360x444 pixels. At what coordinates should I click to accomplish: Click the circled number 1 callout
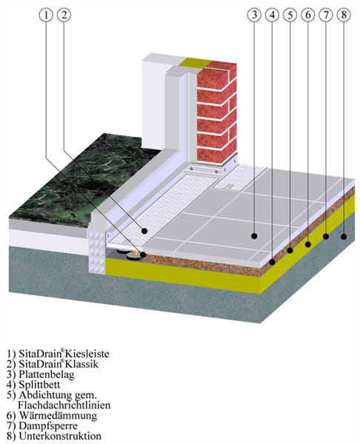(46, 15)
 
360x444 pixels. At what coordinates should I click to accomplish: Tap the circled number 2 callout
(64, 15)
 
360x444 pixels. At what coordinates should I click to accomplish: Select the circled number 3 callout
(254, 15)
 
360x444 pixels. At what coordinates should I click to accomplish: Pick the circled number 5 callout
(290, 15)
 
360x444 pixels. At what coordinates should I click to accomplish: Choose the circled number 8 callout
(344, 15)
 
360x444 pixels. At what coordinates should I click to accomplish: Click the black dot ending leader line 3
(254, 235)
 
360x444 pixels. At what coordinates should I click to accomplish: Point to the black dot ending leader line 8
(344, 237)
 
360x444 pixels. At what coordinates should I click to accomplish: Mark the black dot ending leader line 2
(144, 231)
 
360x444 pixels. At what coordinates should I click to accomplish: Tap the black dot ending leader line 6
(308, 244)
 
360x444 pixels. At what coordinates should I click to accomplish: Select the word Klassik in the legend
(81, 364)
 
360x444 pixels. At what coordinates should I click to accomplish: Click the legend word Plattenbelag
(47, 374)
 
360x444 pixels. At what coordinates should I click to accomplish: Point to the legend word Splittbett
(39, 385)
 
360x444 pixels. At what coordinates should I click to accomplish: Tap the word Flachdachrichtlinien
(64, 406)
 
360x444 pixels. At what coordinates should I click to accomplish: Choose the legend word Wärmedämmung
(58, 416)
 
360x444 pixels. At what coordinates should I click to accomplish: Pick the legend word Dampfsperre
(48, 426)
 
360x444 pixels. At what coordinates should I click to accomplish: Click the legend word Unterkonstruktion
(60, 436)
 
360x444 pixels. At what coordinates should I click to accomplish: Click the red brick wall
(217, 113)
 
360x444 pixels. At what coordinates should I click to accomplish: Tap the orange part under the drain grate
(136, 252)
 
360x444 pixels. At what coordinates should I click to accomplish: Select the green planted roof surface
(85, 178)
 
